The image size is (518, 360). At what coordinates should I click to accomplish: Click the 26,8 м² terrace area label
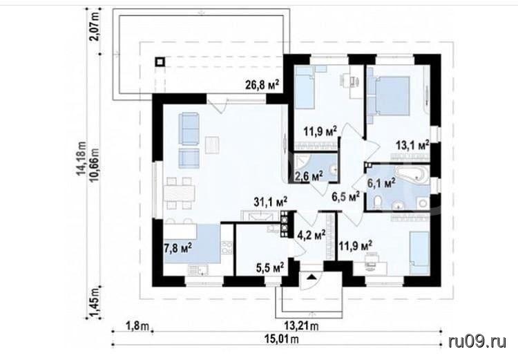coord(262,84)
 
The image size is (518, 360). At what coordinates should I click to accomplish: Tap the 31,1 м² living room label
coord(271,202)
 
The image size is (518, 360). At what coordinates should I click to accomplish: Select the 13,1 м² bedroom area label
coord(412,146)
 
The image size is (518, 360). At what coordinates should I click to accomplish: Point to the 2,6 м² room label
coord(306,176)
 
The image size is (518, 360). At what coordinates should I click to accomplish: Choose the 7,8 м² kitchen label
coord(178,247)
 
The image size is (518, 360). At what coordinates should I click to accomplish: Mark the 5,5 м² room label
coord(270,267)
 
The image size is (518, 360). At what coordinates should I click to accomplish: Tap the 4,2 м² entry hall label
coord(311,236)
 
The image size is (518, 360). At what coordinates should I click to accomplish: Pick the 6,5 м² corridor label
coord(345,197)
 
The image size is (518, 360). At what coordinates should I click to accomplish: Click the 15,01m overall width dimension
coord(282,339)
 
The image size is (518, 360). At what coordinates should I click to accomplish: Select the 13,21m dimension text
coord(301,326)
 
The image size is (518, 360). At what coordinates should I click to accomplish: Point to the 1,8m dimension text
coord(137,326)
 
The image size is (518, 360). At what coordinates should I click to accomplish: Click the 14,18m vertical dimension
coord(81,160)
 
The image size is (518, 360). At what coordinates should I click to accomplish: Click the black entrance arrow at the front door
coord(311,276)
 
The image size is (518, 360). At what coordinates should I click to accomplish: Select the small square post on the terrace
coord(160,62)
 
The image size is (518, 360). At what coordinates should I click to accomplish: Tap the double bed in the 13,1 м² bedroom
coord(390,96)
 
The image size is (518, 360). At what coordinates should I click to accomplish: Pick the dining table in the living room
coord(180,193)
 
